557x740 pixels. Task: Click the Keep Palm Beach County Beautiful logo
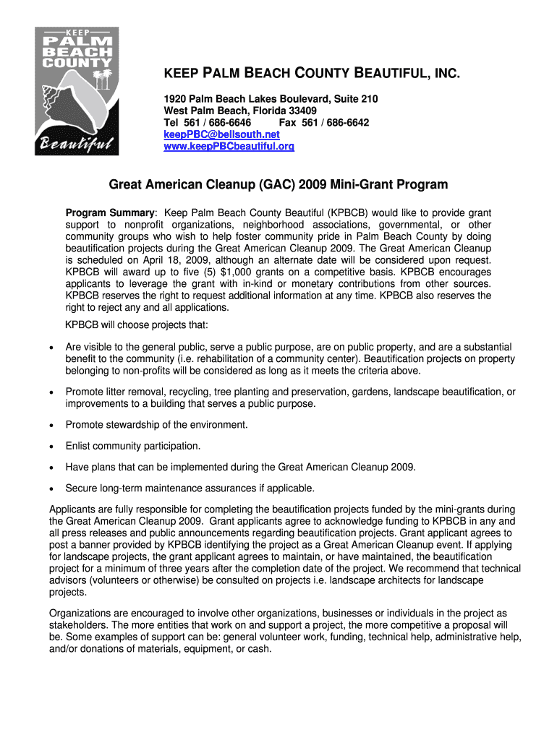pos(77,90)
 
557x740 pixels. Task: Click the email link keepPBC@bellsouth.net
pos(221,134)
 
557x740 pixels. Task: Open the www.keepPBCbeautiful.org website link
pos(229,146)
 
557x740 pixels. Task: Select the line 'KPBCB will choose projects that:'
pos(137,324)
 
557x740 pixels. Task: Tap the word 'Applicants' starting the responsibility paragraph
pos(75,509)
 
